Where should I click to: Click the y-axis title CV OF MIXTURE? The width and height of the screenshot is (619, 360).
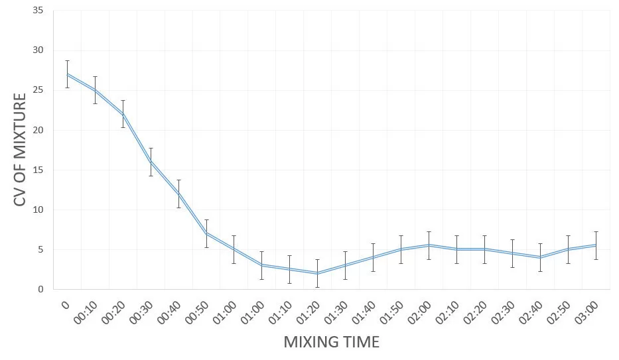pos(21,149)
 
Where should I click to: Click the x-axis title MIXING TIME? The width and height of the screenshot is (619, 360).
pos(331,342)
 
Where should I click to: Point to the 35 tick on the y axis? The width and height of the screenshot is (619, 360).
pos(38,11)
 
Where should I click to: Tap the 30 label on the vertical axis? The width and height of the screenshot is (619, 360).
pos(38,50)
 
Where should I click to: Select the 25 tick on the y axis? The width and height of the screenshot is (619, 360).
pos(38,90)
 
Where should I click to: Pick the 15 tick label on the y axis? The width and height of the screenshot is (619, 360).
pos(38,170)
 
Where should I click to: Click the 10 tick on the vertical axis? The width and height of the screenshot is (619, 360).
pos(38,210)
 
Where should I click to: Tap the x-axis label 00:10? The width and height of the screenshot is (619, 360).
pos(86,310)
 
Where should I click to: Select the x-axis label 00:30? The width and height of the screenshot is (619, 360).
pos(142,310)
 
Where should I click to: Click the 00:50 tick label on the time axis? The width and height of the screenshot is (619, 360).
pos(198,310)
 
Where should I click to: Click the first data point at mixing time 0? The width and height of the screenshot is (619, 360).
pos(68,74)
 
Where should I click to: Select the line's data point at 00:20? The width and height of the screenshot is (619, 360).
pos(123,114)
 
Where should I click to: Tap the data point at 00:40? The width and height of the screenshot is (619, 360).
pos(179,194)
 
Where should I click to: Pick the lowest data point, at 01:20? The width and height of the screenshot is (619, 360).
pos(318,273)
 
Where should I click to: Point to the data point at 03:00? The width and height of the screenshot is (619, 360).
pos(596,245)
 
